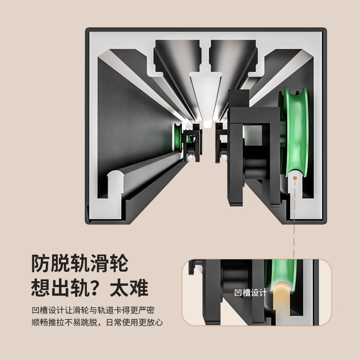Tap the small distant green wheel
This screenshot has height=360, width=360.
177,137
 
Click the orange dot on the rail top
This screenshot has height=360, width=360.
295,178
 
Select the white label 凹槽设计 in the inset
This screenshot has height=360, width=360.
251,293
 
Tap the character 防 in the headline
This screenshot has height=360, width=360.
41,263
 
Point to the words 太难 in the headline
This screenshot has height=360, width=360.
129,288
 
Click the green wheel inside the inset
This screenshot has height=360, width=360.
281,274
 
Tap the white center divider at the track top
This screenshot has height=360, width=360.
206,99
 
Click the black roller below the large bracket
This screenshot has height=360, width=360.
255,168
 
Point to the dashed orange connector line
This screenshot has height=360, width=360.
294,218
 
